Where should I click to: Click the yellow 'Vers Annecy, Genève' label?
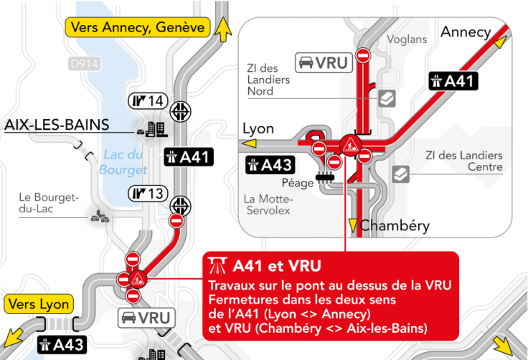pos(137,27)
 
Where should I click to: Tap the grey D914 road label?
pos(84,65)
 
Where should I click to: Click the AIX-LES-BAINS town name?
pos(57,125)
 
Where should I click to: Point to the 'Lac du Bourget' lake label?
pos(125,162)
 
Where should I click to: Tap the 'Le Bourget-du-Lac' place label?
pos(49,204)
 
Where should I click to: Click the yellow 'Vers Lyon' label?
pos(40,304)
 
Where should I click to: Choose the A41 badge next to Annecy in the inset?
pos(453,81)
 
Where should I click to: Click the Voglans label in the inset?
pos(406,39)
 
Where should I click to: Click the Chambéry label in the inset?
pos(395,226)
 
